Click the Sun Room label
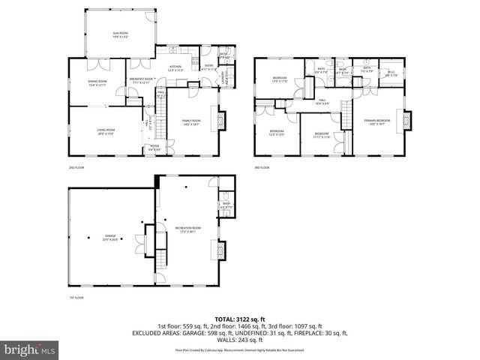120,34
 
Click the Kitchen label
175,68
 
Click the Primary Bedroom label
376,121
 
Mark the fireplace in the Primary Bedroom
407,120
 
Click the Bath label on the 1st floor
226,204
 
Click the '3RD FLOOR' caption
261,167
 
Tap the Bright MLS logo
30,349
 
